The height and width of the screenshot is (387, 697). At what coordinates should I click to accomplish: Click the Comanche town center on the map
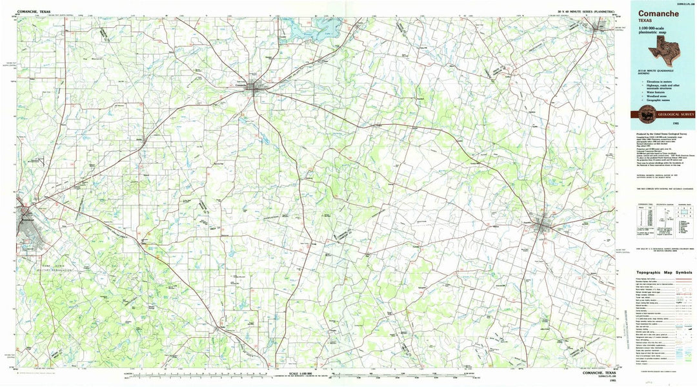pos(256,89)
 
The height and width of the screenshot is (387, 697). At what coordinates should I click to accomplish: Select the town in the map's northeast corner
pos(598,26)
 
